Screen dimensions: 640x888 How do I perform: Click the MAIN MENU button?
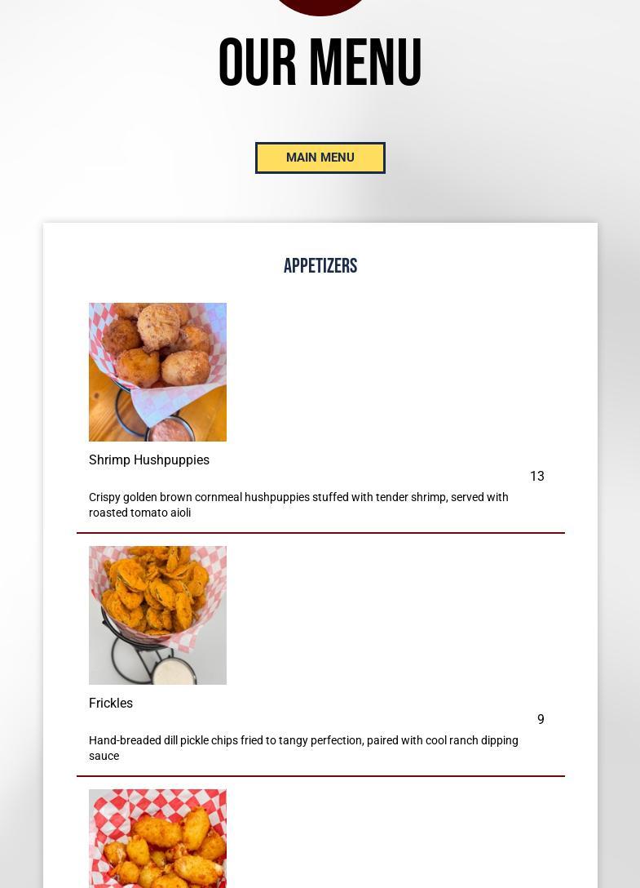tap(320, 158)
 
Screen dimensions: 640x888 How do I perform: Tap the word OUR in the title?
tap(258, 62)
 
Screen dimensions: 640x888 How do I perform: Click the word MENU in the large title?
tap(366, 62)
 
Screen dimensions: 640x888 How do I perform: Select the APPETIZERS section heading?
tap(320, 265)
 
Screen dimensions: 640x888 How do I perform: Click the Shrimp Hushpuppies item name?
tap(149, 460)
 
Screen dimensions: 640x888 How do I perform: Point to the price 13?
tap(537, 477)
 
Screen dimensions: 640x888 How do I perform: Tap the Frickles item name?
tap(111, 703)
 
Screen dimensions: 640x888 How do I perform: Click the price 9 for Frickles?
tap(541, 719)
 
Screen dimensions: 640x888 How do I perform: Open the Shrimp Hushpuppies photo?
tap(157, 372)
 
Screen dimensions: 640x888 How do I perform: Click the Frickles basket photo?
tap(157, 615)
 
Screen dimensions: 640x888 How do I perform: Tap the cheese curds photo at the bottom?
tap(157, 839)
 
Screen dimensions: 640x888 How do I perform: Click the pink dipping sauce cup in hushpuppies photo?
tap(170, 430)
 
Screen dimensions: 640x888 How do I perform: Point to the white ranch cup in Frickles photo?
tap(174, 673)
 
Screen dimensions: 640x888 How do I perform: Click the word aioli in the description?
tap(180, 513)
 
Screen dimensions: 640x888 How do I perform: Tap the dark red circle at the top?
tap(320, 6)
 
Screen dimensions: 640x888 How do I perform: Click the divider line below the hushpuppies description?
tap(321, 533)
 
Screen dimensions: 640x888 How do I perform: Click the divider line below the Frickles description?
tap(321, 776)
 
